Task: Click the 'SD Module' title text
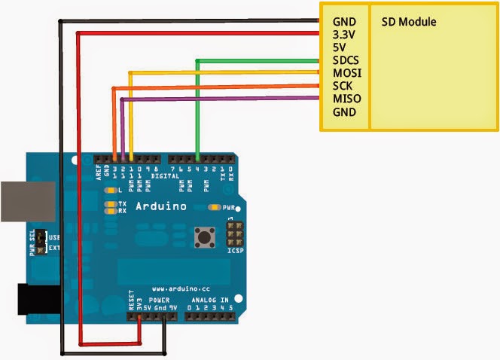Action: pyautogui.click(x=409, y=22)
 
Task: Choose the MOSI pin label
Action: pyautogui.click(x=346, y=73)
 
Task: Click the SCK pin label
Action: pyautogui.click(x=343, y=86)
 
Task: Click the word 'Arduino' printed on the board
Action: pyautogui.click(x=160, y=206)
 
